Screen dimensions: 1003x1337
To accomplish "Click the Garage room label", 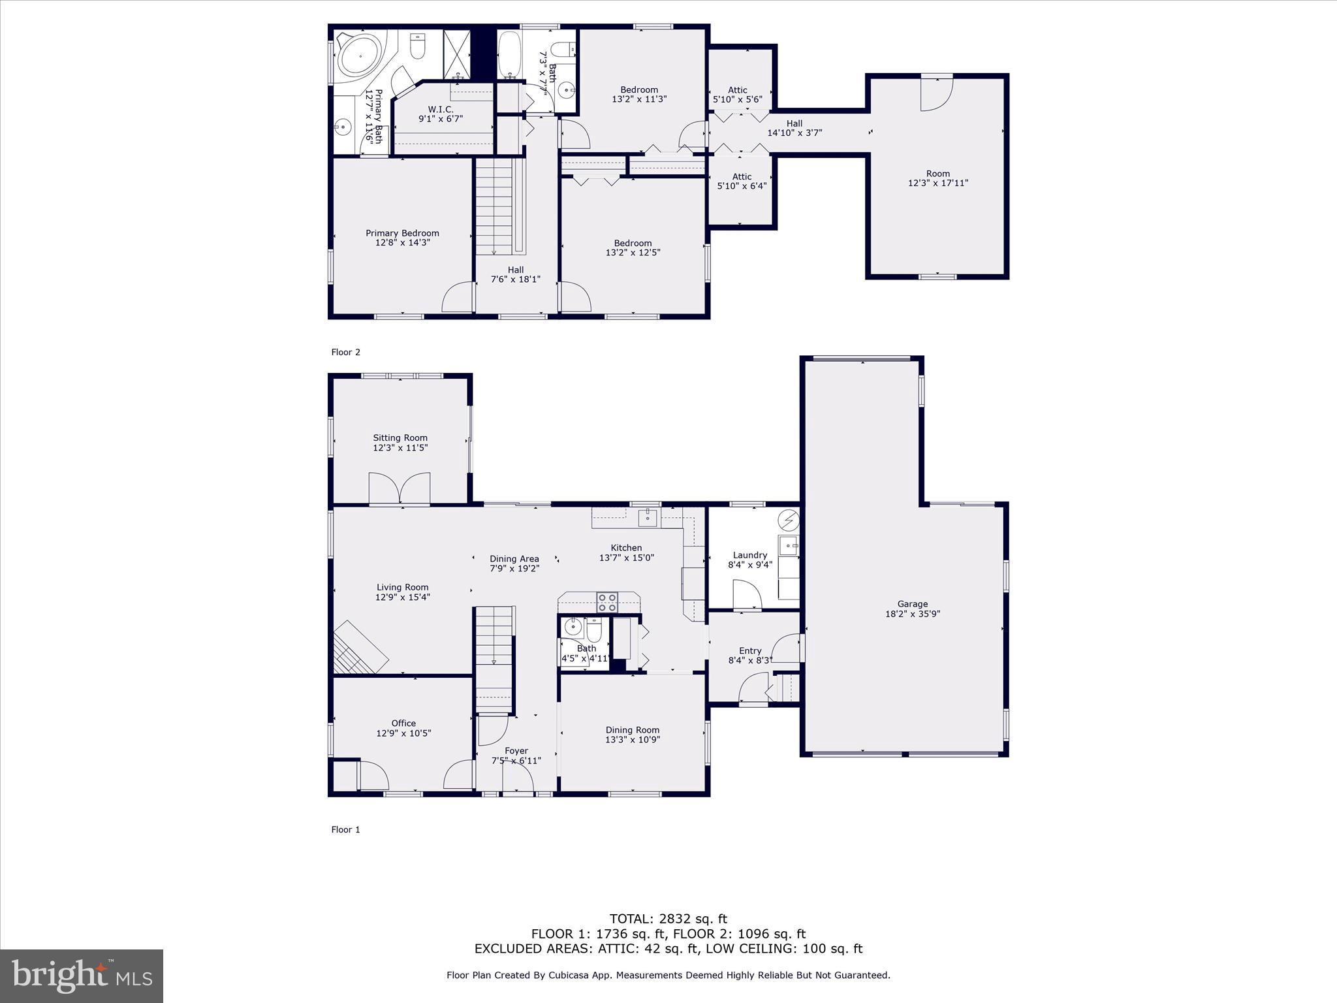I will pos(912,604).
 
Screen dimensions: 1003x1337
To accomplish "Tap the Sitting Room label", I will pos(400,438).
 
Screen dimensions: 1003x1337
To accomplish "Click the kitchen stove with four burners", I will pos(607,602).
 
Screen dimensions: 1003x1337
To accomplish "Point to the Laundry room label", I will pos(749,555).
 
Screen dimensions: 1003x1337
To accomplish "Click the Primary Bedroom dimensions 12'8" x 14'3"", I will pos(402,243).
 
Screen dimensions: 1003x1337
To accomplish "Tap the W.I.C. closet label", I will pos(441,109).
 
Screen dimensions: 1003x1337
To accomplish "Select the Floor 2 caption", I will pos(345,352).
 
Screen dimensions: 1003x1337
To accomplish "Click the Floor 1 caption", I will pos(345,829).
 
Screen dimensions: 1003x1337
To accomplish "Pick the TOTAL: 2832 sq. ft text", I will pos(668,919).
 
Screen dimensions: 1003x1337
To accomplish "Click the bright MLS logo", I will pos(82,976).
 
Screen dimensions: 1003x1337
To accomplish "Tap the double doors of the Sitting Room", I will pos(400,488).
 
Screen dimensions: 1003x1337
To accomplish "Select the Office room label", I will pos(403,723).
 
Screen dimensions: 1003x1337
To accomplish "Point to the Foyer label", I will pos(516,751).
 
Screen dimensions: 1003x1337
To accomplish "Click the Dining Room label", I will pos(632,730).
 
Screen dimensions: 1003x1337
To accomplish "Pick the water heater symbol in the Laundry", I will pos(789,520).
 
